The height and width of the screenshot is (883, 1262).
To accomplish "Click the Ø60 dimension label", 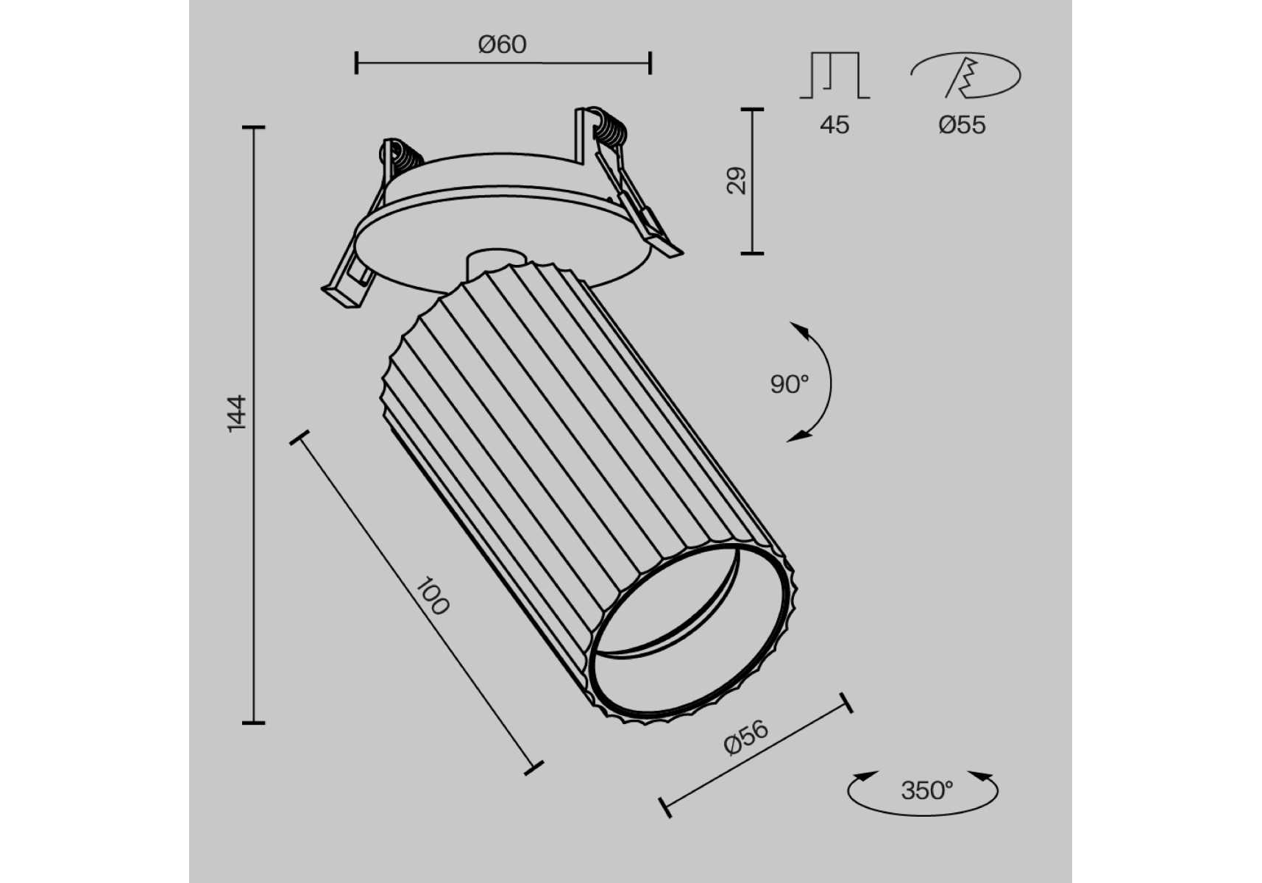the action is coord(503,44).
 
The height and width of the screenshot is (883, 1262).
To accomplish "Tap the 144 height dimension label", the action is coord(237,413).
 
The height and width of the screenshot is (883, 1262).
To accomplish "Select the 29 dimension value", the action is coord(736,180).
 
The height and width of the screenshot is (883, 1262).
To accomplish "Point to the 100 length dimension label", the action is coord(432,596).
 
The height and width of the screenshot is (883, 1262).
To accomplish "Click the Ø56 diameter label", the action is coord(746,737).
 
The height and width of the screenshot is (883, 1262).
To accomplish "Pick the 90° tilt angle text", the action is coord(789,383).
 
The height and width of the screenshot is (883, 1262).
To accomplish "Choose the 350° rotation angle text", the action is coord(926,790).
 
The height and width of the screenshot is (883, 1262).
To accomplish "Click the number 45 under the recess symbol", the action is coord(834,125).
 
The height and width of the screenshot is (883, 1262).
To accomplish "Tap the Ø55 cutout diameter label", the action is coord(962,125).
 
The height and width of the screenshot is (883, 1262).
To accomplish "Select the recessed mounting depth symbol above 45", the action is coord(834,75).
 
